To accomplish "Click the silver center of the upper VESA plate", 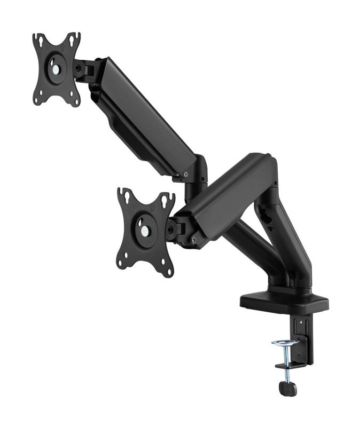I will coord(56,68).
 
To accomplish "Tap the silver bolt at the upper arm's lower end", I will coord(185,173).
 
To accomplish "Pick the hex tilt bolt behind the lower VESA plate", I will coord(170,231).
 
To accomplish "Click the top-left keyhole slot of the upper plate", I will coord(38,39).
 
